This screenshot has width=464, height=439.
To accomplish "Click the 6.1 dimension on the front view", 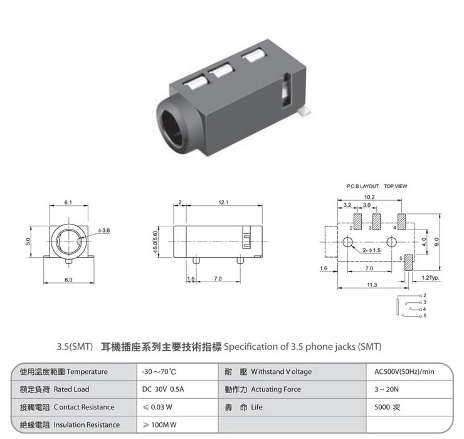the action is coord(68,203).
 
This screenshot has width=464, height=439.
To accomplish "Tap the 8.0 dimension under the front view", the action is coord(68,280).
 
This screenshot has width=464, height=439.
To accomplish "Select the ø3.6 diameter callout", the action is coord(104,230).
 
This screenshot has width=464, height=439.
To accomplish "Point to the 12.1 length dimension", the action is coord(223,203).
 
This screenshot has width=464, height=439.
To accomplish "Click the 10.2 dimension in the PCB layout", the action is coord(369,197).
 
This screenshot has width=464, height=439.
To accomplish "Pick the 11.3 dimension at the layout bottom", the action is coord(372,285).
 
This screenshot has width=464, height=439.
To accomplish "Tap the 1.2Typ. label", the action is coord(430,278).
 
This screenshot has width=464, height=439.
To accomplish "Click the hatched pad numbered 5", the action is coord(409,262).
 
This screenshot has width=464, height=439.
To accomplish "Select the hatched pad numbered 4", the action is coord(401,221).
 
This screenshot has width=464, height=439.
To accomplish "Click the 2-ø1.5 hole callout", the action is coord(372,250).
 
